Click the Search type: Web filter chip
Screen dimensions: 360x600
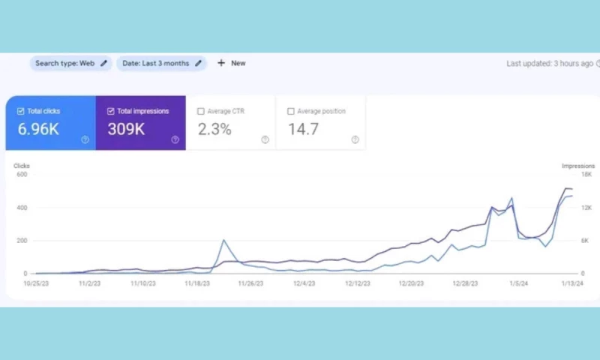coord(70,64)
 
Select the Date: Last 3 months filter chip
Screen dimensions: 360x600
coord(162,64)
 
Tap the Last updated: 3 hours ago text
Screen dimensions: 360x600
coord(550,64)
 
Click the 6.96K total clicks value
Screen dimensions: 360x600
coord(38,129)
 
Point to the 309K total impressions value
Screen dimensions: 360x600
coord(126,129)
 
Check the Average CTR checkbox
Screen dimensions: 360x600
coord(201,112)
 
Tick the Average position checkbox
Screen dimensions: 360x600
coord(291,112)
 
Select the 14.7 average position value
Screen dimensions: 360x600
coord(304,129)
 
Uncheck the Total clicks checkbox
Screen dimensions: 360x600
coord(21,112)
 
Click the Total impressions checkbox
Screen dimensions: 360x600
coord(111,112)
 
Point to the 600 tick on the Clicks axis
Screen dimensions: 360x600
coord(20,175)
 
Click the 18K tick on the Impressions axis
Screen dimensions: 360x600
coord(586,175)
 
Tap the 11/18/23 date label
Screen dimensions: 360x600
coord(196,284)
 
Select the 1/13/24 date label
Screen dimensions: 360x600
coord(574,284)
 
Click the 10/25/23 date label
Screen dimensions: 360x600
coord(36,284)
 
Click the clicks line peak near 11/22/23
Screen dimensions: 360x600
coord(223,241)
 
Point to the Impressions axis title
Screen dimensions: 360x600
coord(578,166)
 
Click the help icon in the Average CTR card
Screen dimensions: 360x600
coord(265,139)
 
